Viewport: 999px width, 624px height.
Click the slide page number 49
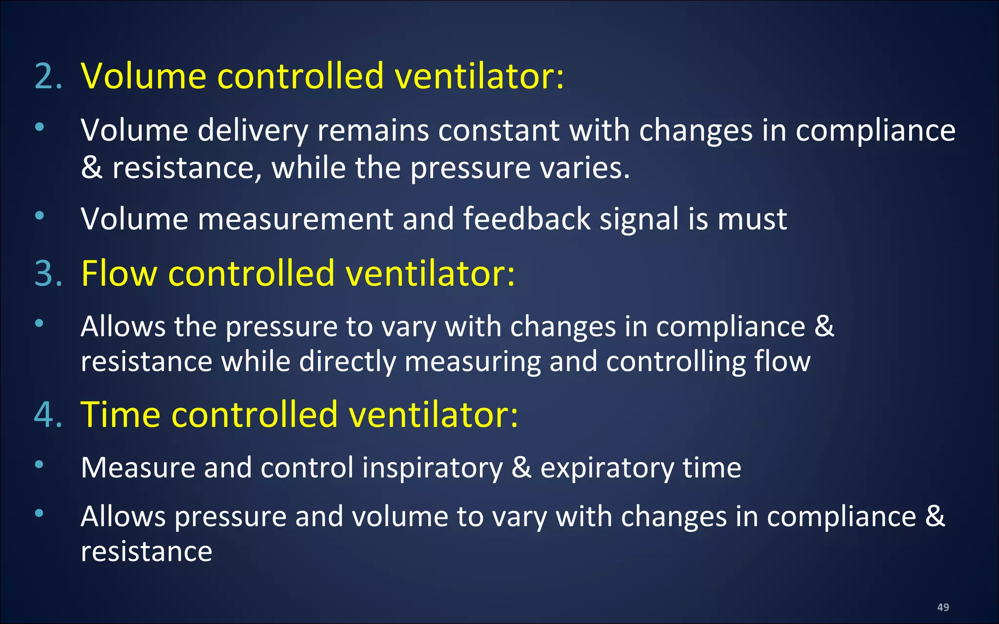click(943, 607)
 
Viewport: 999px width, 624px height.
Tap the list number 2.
click(48, 77)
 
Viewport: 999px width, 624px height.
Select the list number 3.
click(48, 273)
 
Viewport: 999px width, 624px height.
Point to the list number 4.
click(48, 415)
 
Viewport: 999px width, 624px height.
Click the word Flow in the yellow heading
click(119, 273)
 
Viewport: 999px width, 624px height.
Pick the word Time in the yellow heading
click(120, 415)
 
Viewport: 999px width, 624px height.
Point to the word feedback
click(527, 218)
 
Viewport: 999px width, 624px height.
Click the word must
click(752, 219)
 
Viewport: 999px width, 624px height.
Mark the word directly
click(347, 362)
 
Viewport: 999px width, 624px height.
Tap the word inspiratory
click(432, 468)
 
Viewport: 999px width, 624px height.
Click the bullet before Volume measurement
click(40, 215)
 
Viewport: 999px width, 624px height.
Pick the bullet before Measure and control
click(40, 464)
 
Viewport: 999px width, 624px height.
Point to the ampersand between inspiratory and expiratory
click(521, 468)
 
